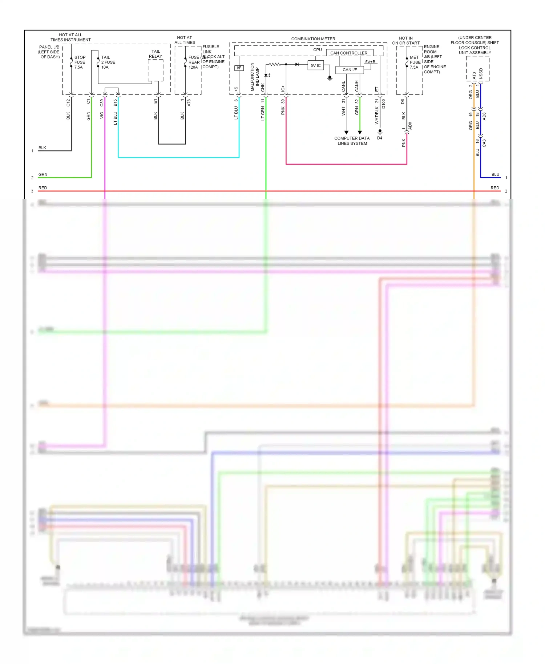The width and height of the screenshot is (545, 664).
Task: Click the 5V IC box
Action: click(315, 66)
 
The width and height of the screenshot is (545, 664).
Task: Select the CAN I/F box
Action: click(350, 70)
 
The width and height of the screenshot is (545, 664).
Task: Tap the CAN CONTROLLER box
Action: click(349, 53)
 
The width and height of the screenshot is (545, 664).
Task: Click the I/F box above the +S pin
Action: click(239, 68)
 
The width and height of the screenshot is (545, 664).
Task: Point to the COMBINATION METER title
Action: click(313, 39)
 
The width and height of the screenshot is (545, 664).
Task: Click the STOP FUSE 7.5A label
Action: click(80, 62)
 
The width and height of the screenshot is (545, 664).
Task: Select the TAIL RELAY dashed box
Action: click(156, 70)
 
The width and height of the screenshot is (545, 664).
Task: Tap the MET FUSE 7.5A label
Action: click(415, 62)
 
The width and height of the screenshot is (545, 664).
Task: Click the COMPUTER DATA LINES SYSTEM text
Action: click(352, 141)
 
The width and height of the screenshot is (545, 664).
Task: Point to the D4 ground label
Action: click(380, 138)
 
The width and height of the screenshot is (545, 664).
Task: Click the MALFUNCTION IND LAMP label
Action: click(255, 77)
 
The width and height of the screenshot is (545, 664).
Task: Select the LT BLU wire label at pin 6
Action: click(236, 113)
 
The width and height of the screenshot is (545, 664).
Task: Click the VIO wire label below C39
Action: click(102, 115)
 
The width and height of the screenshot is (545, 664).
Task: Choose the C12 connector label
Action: click(68, 103)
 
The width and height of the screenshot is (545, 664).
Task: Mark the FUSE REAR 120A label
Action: click(194, 62)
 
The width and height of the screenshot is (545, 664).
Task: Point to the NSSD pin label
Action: click(481, 73)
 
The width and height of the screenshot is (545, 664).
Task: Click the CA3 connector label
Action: click(484, 143)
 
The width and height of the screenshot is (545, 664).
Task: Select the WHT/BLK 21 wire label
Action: click(377, 113)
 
